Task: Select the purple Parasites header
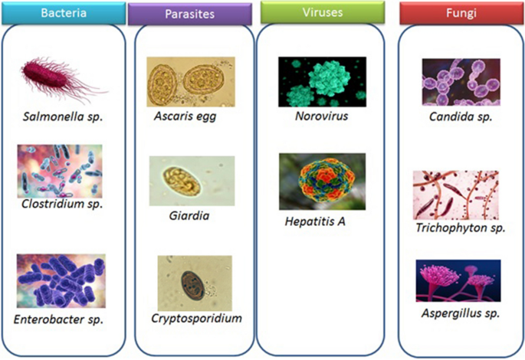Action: point(189,14)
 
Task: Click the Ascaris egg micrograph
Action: point(191,81)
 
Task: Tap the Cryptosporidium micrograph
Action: point(194,283)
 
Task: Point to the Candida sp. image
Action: point(461,82)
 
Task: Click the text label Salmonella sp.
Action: point(63,117)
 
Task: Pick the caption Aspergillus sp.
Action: point(461,314)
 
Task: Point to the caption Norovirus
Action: point(321,117)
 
